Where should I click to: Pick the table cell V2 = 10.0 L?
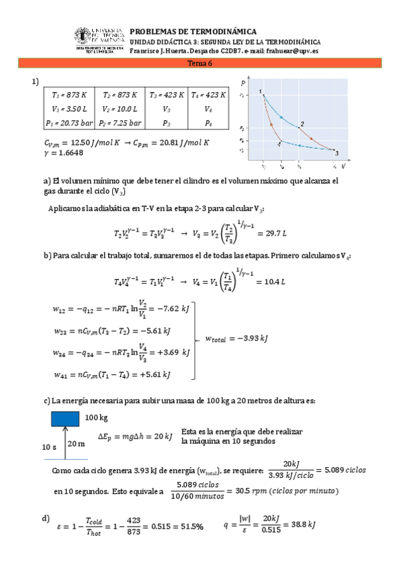(x=121, y=109)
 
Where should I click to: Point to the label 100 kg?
(x=96, y=417)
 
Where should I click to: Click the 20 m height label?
(x=77, y=444)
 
